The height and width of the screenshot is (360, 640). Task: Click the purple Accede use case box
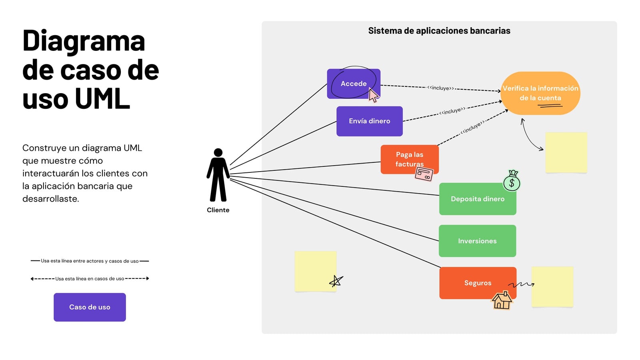click(354, 84)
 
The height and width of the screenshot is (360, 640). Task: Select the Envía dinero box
click(370, 121)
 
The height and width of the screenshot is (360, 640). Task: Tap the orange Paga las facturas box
click(410, 159)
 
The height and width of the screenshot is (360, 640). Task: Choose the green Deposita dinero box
click(478, 199)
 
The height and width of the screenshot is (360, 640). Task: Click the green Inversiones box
click(477, 241)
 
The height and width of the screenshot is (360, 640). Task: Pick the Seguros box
click(478, 283)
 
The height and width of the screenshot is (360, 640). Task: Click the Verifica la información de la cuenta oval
click(540, 93)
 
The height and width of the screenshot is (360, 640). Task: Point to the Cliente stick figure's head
click(218, 152)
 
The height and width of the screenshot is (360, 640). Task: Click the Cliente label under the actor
click(218, 210)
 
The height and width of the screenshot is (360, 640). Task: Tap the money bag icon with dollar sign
click(512, 180)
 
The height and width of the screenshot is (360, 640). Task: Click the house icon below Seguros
click(502, 300)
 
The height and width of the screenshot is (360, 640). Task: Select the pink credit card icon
click(424, 174)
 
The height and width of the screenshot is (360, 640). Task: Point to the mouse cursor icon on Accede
click(373, 95)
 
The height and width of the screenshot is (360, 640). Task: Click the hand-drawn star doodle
click(336, 281)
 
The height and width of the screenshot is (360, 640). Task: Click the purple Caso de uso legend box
click(90, 307)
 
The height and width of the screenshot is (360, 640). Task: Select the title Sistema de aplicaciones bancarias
click(439, 30)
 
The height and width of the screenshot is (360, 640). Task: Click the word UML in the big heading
click(102, 98)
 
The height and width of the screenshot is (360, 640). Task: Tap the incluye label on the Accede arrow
click(440, 88)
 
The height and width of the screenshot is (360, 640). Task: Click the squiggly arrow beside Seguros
click(521, 284)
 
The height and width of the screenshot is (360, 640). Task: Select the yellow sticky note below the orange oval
click(566, 152)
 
